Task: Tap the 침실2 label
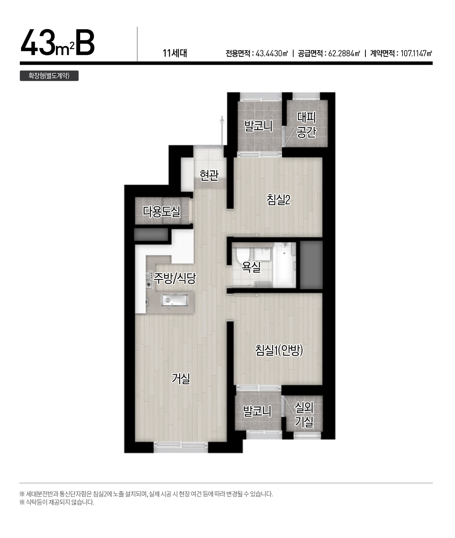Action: [278, 200]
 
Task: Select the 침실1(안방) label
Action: [279, 350]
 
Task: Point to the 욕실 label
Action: [251, 267]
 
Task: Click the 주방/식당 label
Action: [174, 278]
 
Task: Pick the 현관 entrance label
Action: [209, 175]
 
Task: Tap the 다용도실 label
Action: [162, 211]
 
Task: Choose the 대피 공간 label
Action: [306, 125]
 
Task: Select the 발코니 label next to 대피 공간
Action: [258, 126]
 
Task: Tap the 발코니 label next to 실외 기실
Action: [257, 412]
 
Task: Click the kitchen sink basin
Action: [174, 300]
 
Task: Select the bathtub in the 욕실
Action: [284, 265]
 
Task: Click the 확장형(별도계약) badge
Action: [49, 76]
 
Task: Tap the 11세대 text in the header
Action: [175, 53]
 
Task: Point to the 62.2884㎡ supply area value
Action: [344, 54]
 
